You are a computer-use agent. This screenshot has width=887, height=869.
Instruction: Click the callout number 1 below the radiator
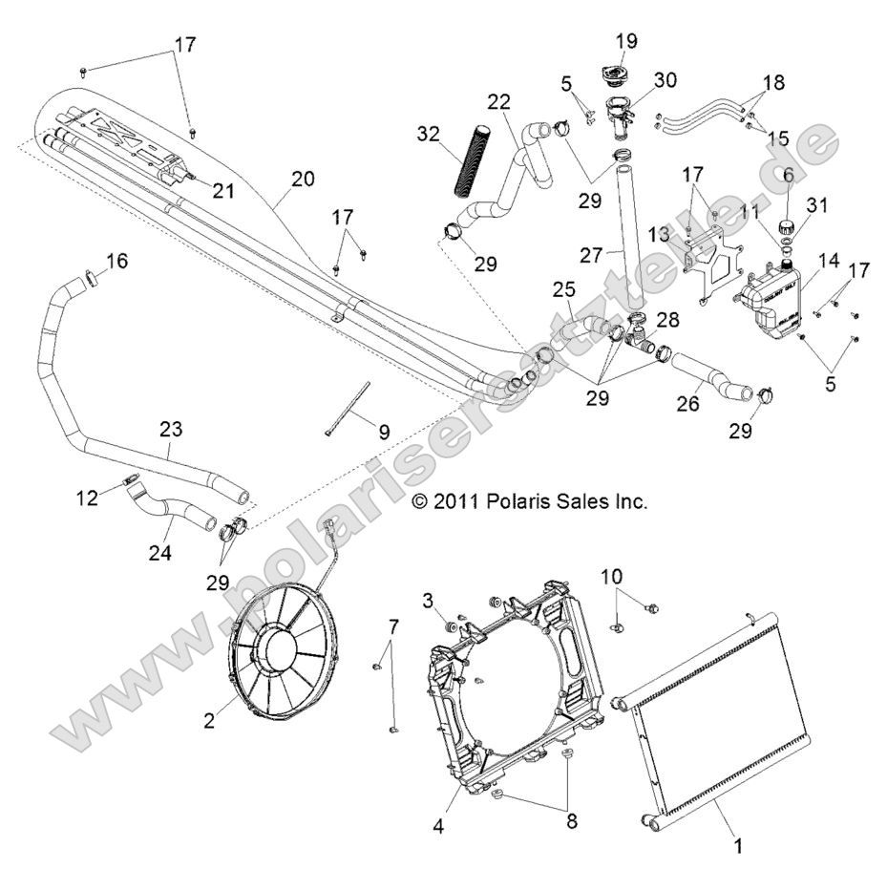point(736,845)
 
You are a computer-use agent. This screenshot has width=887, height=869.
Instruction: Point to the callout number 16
point(116,261)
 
